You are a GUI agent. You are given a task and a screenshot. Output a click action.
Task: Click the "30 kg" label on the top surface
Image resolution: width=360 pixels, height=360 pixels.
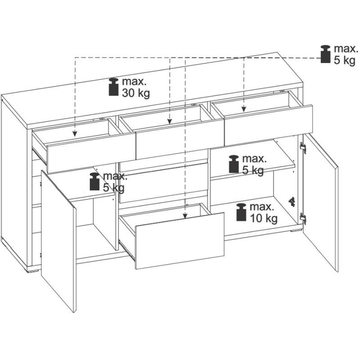coord(136,93)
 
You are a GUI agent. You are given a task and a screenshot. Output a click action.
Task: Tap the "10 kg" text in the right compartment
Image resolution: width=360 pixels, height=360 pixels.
coord(264,218)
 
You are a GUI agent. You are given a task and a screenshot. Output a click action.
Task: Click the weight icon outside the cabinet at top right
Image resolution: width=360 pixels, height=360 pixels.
coord(325,54)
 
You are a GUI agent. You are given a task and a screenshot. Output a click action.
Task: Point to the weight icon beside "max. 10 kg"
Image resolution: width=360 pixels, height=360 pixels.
coord(241,212)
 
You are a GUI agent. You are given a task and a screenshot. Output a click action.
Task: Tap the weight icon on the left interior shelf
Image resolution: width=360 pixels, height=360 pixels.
coord(94,181)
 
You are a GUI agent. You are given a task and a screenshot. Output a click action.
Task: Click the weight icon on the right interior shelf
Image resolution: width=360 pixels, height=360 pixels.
coord(234,164)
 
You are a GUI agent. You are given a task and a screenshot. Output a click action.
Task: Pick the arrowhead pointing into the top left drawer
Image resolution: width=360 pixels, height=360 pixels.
coord(75,134)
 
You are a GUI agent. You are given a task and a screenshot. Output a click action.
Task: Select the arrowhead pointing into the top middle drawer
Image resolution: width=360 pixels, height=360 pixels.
coord(170,121)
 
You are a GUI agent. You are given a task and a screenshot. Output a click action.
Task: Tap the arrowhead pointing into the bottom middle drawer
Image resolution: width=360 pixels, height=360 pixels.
coord(185,216)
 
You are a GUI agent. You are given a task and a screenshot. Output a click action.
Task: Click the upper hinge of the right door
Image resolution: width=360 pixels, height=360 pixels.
coord(303,148)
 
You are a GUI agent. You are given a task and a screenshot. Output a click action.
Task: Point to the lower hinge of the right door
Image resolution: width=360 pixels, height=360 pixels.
coord(303,218)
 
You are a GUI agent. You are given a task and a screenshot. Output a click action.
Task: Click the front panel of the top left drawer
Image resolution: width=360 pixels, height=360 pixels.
coord(91,153)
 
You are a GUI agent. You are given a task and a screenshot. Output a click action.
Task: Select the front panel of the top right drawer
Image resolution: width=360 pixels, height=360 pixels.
coord(268,125)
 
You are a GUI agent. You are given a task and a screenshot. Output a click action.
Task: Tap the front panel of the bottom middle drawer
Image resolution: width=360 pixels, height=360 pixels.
coord(180,241)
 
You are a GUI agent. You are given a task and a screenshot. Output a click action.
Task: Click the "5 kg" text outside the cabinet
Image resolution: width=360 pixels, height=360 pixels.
coord(344,60)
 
